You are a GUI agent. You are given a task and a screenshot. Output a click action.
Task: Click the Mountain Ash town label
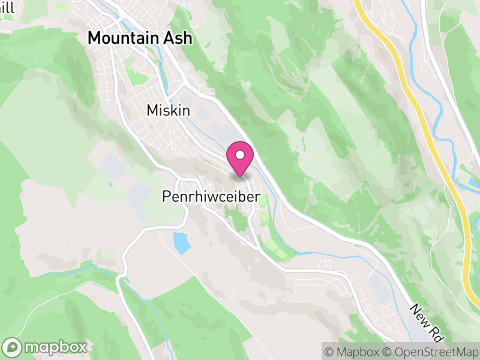click(140, 38)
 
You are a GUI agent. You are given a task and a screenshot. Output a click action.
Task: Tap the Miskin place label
click(168, 110)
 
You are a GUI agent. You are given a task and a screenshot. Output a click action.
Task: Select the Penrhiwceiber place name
click(210, 197)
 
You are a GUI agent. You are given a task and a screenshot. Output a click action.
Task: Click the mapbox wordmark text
click(55, 347)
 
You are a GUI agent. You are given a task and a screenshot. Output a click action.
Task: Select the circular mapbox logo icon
click(13, 347)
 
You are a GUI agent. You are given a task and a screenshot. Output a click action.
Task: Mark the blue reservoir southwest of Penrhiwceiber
click(181, 243)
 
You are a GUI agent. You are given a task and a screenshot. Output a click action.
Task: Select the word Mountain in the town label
click(122, 38)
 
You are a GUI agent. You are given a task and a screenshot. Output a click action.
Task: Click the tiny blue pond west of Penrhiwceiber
click(110, 184)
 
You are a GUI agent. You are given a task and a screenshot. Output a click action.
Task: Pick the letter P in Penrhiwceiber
click(166, 197)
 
